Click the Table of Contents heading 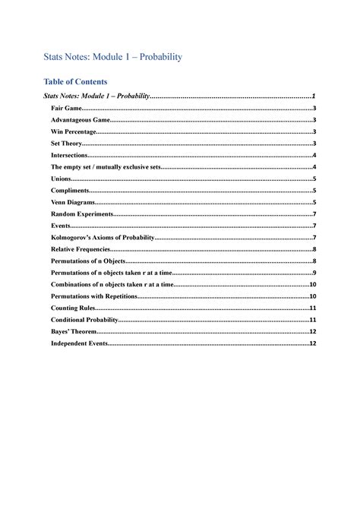(x=76, y=81)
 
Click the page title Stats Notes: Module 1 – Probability (x=113, y=57)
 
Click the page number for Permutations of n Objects (x=314, y=261)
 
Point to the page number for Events (x=314, y=226)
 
